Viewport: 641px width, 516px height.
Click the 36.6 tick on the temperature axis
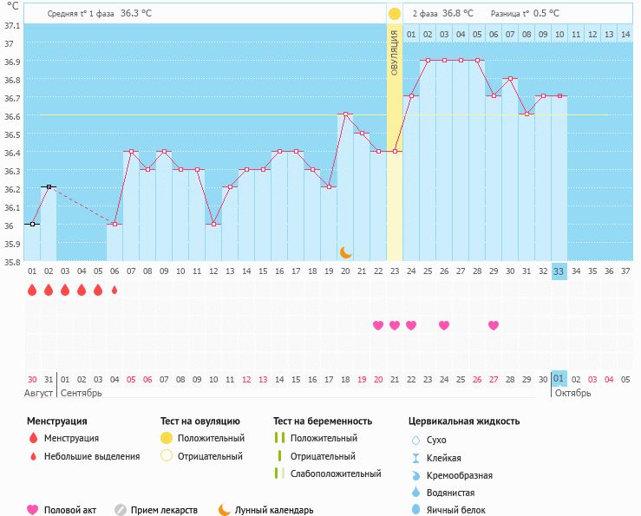[x=12, y=116]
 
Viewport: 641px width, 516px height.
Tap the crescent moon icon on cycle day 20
[x=346, y=252]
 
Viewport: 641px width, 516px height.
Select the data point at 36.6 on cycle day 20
[x=345, y=114]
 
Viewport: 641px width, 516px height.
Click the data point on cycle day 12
[x=213, y=224]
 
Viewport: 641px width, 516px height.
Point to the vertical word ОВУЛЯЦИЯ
[x=395, y=53]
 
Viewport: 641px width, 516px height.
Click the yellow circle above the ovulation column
[x=395, y=14]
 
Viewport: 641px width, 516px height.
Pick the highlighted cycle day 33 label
[x=559, y=271]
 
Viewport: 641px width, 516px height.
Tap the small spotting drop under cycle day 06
[x=114, y=290]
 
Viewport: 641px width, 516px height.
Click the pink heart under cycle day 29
[x=494, y=325]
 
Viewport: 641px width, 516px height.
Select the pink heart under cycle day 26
[x=444, y=325]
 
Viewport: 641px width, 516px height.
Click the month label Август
[x=38, y=394]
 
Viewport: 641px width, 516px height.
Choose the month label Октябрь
[x=572, y=394]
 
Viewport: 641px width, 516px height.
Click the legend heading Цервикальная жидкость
[x=464, y=421]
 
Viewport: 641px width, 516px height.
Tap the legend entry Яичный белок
[x=456, y=510]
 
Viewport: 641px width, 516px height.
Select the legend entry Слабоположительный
[x=336, y=474]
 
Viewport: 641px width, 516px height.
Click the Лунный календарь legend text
[x=274, y=510]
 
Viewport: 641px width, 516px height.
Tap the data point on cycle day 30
[x=510, y=78]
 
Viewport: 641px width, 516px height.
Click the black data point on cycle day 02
[x=49, y=186]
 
